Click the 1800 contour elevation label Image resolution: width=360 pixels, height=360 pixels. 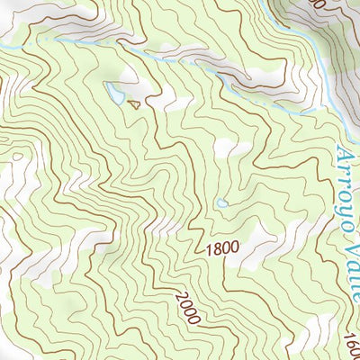pos(223,247)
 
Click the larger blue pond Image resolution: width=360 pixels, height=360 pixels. pos(115,92)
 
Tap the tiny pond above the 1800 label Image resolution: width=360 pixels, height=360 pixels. pos(221,203)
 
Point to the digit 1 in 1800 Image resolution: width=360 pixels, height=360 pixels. pos(209,247)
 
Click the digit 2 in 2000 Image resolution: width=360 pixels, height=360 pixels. pos(179,296)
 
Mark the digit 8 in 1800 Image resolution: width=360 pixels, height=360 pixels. pos(218,247)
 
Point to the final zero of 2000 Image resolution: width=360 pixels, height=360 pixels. pos(197,316)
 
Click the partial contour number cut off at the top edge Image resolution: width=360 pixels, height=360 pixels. pos(316,4)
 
